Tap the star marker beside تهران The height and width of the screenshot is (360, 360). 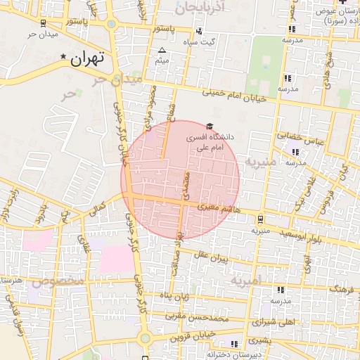pos(65,56)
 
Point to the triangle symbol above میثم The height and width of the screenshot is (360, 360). pos(163,51)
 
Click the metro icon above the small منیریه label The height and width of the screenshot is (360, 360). pos(260,219)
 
